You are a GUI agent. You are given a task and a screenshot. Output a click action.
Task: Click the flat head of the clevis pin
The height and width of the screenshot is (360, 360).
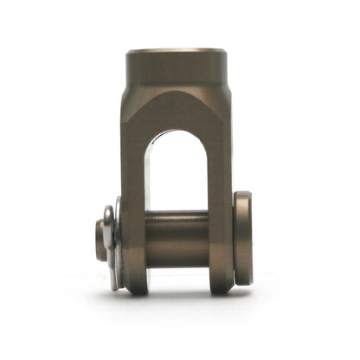point(243,238)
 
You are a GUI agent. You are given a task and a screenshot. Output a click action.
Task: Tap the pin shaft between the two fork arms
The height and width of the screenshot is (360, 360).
point(177,238)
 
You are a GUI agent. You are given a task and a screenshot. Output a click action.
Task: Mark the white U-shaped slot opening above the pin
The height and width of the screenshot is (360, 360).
point(177,173)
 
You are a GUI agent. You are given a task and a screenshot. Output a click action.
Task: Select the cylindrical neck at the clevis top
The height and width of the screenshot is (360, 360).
point(177,69)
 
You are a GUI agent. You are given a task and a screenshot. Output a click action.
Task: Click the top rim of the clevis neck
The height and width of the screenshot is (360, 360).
point(177,53)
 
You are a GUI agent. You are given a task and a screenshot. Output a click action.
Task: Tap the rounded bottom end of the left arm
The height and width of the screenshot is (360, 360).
point(135,284)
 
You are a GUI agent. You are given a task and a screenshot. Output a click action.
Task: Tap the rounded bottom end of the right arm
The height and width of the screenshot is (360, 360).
point(220,284)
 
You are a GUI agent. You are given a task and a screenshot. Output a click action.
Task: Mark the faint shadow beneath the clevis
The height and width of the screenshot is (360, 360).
point(177,299)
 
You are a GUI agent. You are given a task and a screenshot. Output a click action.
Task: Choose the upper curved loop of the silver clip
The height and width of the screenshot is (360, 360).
point(108,212)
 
